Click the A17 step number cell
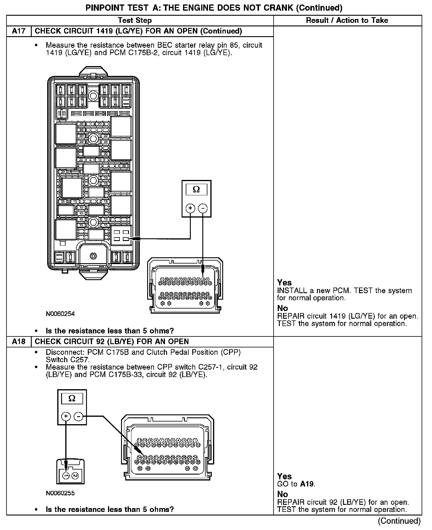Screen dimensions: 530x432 pyautogui.click(x=19, y=31)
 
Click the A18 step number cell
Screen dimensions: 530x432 pyautogui.click(x=19, y=341)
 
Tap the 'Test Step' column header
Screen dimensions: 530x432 pyautogui.click(x=135, y=20)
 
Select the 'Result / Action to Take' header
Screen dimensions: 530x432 pyautogui.click(x=347, y=20)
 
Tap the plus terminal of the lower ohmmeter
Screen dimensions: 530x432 pyautogui.click(x=66, y=416)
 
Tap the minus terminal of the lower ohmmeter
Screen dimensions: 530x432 pyautogui.click(x=78, y=416)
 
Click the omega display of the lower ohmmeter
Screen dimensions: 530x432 pyautogui.click(x=72, y=399)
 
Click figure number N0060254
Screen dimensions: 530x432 pyautogui.click(x=60, y=314)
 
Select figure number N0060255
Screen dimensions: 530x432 pyautogui.click(x=60, y=493)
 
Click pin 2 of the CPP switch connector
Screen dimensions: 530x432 pyautogui.click(x=75, y=476)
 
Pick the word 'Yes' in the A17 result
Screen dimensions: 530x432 pyautogui.click(x=284, y=282)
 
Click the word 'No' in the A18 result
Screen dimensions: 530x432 pyautogui.click(x=282, y=494)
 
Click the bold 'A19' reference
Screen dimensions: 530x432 pyautogui.click(x=307, y=484)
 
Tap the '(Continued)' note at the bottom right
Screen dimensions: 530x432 pyautogui.click(x=399, y=521)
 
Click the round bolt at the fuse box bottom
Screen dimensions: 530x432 pyautogui.click(x=93, y=256)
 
